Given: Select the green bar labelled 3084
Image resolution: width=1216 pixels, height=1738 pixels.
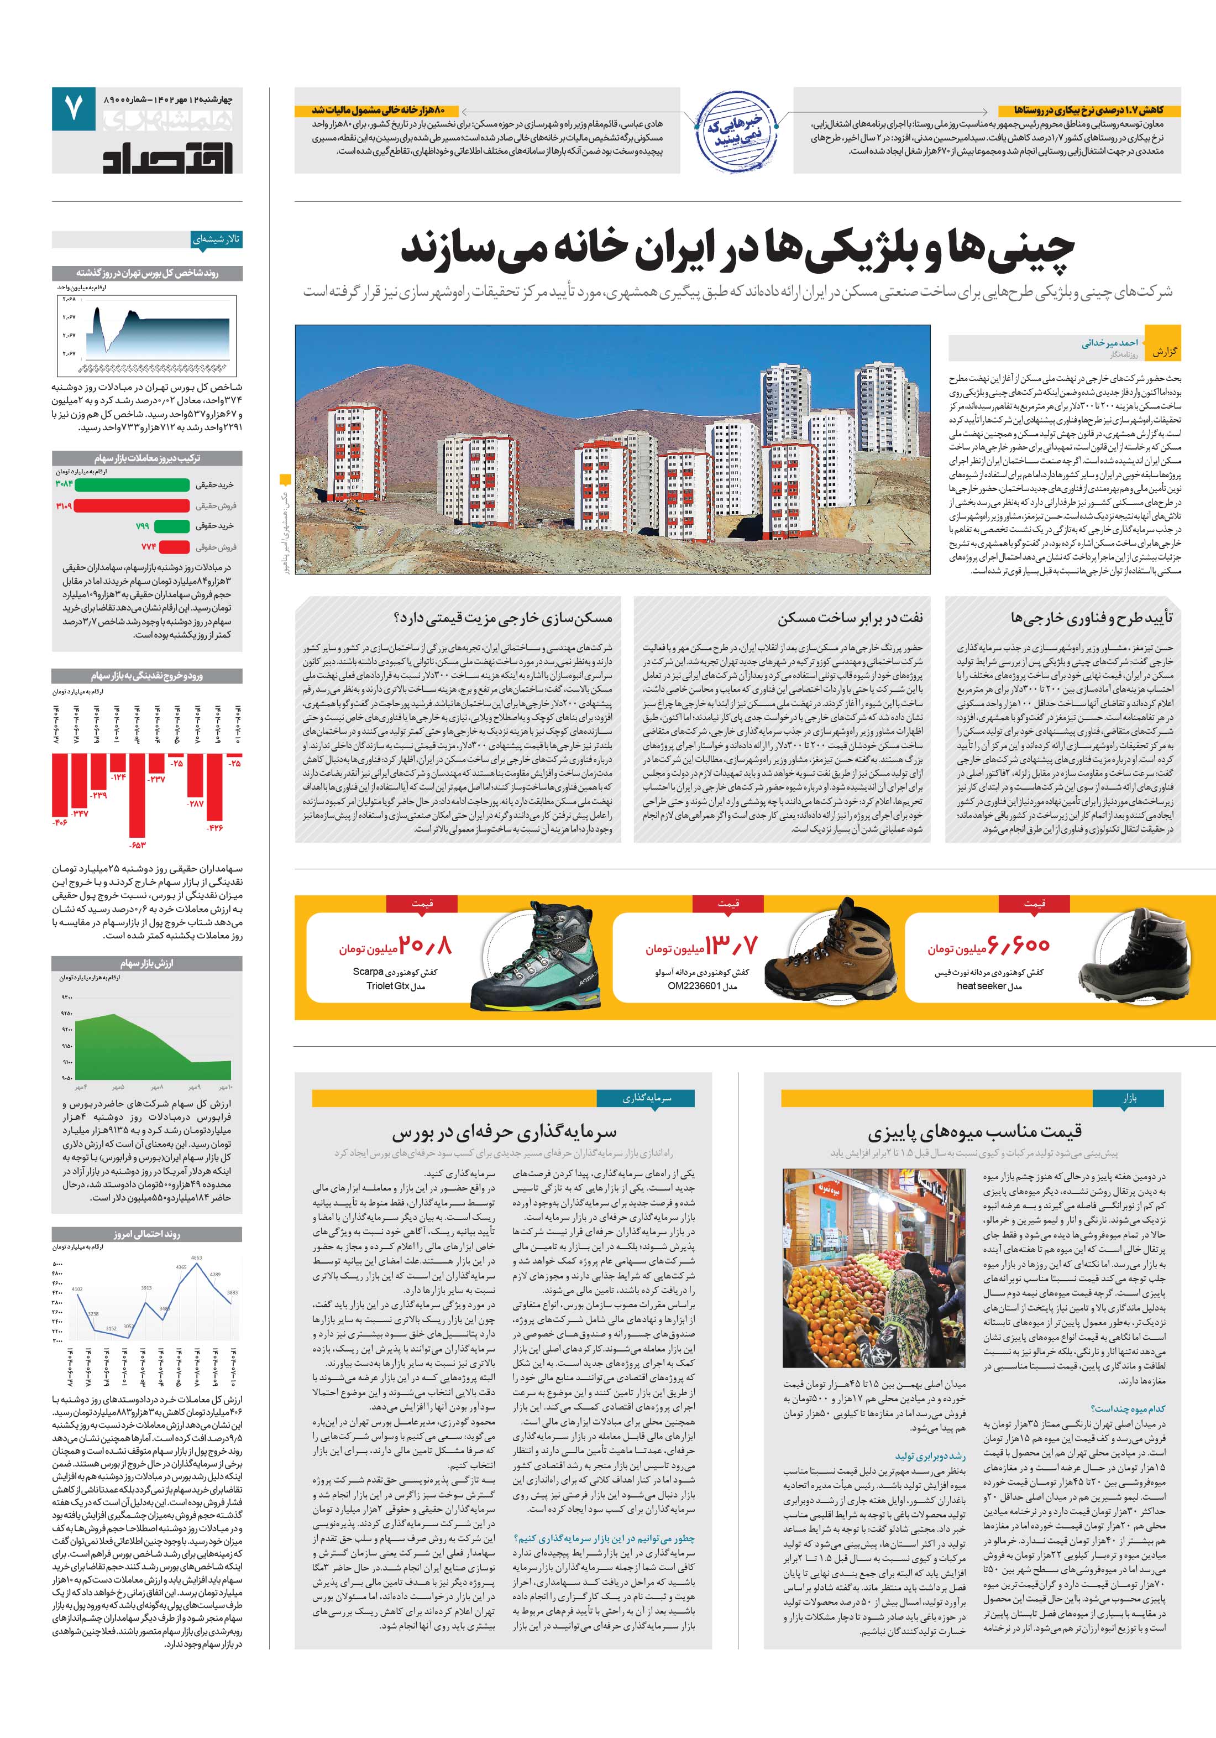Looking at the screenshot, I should (132, 484).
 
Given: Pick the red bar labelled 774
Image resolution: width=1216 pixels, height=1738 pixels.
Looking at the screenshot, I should (174, 546).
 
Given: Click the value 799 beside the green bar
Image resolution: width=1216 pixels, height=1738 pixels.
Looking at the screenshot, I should (142, 526).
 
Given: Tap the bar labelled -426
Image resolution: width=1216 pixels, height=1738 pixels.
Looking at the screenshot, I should (215, 787).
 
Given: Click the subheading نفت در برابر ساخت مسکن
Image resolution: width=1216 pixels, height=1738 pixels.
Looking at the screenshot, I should (851, 618).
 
